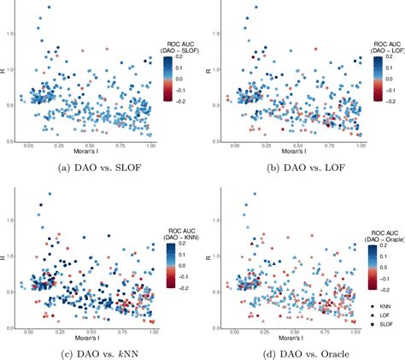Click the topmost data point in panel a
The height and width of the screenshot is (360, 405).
point(49,8)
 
